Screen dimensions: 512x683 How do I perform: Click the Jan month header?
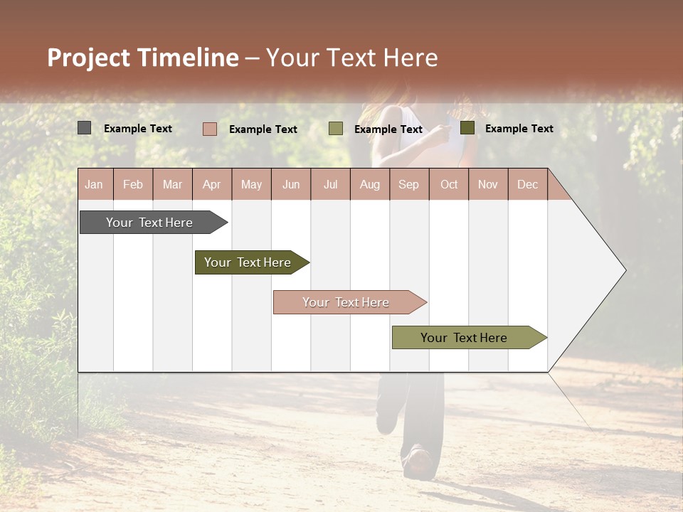click(94, 185)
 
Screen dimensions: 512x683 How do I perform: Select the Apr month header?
click(211, 185)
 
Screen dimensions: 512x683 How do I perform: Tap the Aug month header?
click(369, 185)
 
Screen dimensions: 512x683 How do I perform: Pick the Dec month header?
click(527, 185)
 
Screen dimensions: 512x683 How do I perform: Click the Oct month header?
click(449, 185)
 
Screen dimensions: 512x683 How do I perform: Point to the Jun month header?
click(291, 185)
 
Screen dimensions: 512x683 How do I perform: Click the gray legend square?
click(84, 128)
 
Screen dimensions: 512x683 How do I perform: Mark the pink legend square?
click(209, 129)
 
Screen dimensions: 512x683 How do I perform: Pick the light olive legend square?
click(336, 129)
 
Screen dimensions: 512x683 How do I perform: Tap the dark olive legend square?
click(467, 128)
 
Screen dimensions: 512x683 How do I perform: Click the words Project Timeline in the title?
click(142, 58)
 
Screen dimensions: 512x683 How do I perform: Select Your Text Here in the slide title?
click(352, 58)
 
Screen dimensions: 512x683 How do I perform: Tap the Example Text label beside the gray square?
click(138, 129)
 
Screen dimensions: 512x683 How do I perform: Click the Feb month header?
click(133, 185)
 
